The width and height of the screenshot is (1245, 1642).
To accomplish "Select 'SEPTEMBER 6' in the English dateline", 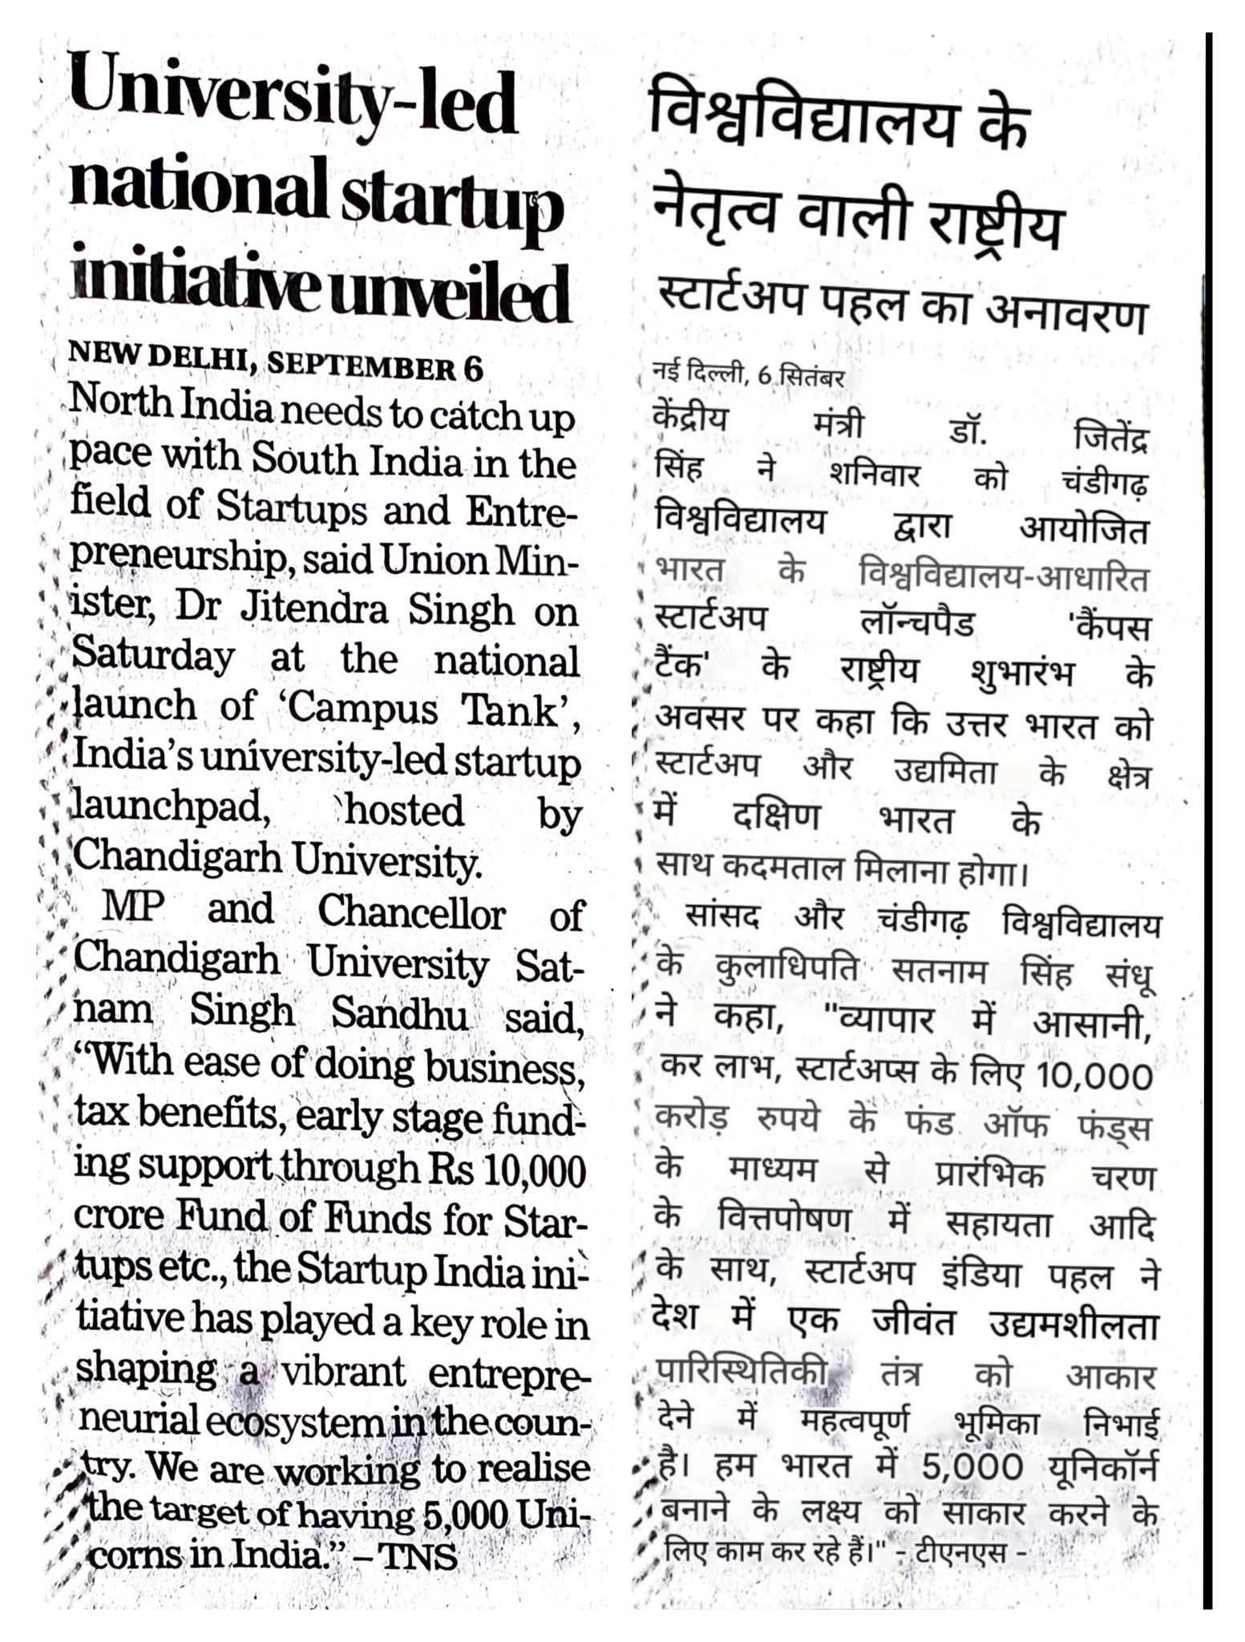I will tap(375, 369).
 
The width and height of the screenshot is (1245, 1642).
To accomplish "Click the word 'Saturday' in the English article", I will tap(154, 659).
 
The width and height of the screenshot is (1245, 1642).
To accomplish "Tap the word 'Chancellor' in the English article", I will tap(411, 913).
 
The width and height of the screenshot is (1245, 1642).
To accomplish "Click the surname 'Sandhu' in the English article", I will tap(399, 1015).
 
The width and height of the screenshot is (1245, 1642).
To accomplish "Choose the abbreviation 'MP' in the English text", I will tap(133, 909).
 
